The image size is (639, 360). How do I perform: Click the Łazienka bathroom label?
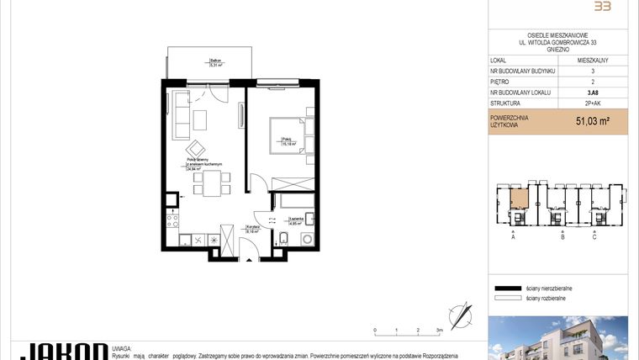point(295,220)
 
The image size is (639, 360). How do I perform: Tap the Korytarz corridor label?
point(251,227)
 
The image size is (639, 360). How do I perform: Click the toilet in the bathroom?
point(283,241)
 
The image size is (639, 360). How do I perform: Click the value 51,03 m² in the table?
point(592,121)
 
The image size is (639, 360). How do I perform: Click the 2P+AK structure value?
point(593,103)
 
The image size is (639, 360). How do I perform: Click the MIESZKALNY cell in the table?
point(593,61)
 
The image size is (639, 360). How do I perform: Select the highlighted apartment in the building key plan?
point(519,199)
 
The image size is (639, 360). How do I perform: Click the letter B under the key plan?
point(561,238)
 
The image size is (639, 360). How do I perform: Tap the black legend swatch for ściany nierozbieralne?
point(508,287)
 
